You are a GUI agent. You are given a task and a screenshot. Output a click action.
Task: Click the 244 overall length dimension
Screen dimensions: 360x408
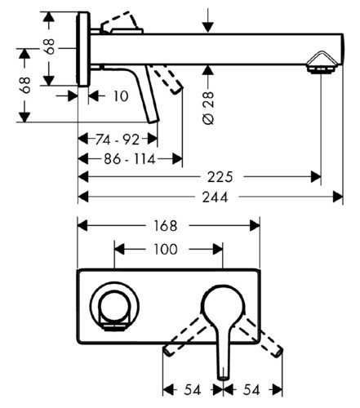tap(215, 197)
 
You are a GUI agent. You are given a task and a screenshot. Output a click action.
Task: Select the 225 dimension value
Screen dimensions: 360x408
tap(220, 177)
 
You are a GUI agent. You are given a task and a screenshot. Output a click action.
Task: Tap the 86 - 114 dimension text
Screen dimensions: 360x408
tap(130, 159)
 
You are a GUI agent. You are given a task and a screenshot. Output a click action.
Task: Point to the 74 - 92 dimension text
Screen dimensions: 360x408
tap(118, 140)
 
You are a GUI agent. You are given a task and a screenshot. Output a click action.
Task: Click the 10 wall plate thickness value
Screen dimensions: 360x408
tap(121, 96)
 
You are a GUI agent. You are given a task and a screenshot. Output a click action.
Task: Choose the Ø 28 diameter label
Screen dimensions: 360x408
tap(209, 108)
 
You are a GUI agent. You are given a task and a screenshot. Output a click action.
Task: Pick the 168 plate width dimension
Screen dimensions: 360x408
tap(166, 226)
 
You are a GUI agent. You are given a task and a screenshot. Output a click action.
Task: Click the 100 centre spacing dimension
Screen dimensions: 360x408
tap(166, 249)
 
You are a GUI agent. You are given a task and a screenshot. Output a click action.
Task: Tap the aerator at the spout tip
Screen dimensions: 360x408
tap(322, 62)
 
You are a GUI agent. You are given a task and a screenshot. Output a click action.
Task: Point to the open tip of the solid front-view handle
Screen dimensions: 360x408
tap(223, 378)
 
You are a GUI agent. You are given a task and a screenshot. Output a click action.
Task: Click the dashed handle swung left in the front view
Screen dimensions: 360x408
tap(184, 335)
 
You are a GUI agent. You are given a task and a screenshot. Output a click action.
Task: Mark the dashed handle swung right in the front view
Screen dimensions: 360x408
tap(261, 336)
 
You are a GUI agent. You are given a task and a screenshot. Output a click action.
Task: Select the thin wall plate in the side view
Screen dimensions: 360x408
tap(83, 49)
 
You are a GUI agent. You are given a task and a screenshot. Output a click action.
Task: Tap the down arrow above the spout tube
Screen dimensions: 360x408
tap(208, 20)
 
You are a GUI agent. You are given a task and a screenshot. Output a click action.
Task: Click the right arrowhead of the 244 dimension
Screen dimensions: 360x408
tap(338, 197)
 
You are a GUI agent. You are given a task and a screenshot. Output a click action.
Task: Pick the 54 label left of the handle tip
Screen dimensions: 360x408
tap(193, 390)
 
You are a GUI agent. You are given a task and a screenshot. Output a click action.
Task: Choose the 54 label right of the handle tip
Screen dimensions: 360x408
tap(251, 390)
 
